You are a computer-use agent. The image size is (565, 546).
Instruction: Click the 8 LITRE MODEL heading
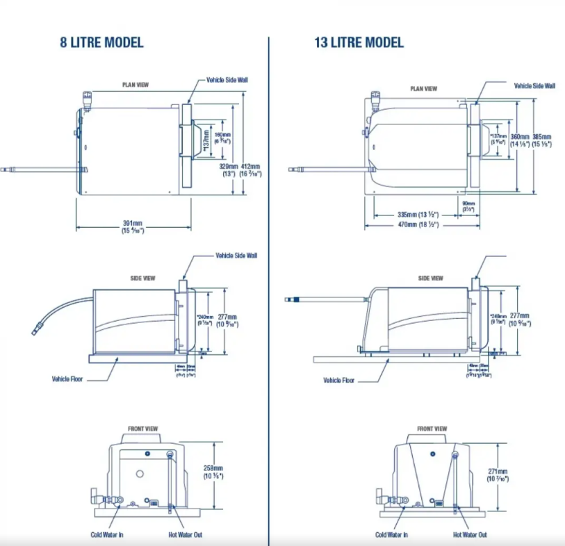101,42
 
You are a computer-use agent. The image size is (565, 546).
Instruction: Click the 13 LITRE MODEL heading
359,42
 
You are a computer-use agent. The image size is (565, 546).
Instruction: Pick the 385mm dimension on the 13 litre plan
541,136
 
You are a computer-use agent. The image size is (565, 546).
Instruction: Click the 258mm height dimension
213,468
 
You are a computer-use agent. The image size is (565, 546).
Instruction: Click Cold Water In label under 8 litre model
107,534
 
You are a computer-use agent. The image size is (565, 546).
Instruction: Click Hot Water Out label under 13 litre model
470,534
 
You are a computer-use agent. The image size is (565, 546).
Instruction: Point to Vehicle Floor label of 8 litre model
67,379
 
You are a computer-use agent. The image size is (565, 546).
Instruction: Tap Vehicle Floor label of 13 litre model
338,380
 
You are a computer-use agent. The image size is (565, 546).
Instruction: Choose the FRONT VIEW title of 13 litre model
432,429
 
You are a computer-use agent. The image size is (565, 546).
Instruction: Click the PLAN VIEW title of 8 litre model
136,85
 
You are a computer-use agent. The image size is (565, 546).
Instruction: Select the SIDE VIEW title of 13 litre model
430,278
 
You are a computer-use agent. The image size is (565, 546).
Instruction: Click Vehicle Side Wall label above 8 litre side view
236,256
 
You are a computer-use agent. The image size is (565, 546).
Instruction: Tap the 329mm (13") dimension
229,170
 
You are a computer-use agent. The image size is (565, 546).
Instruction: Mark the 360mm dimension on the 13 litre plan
520,136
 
